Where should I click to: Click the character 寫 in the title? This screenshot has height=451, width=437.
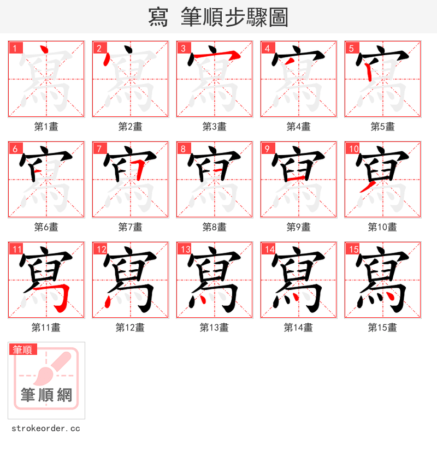[158, 17]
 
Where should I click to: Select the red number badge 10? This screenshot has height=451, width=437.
[353, 149]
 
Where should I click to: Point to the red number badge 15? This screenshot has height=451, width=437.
[353, 250]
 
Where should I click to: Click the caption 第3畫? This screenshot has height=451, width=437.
[214, 127]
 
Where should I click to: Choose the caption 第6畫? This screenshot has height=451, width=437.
[46, 227]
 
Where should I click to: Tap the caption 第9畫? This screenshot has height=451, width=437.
[298, 227]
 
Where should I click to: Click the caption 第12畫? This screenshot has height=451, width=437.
[130, 328]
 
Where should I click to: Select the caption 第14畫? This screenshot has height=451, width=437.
[298, 328]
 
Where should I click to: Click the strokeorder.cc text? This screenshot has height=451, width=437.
[46, 429]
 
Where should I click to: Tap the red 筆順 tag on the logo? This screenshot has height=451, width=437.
[23, 349]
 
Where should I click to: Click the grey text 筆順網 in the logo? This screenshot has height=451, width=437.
[46, 394]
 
